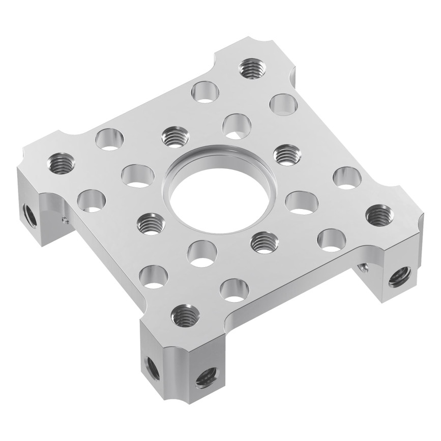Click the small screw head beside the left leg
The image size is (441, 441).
point(65,220)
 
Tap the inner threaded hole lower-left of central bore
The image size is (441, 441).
point(150,222)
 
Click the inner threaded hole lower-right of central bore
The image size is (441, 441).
point(264,242)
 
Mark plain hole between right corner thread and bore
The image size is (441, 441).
point(302,202)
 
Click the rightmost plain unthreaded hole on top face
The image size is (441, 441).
point(347,178)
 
